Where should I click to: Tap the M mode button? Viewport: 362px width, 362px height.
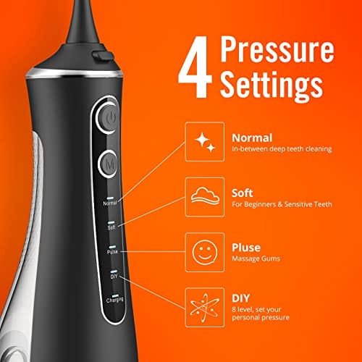tap(109, 164)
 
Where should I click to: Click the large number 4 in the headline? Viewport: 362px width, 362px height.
tap(195, 67)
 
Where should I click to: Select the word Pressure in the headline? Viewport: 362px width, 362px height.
tap(277, 49)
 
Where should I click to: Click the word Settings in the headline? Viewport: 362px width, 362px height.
tap(271, 85)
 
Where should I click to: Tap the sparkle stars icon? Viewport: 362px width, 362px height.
tap(205, 142)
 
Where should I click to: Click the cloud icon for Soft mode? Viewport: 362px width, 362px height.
tap(205, 196)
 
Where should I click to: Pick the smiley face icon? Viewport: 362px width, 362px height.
tap(205, 252)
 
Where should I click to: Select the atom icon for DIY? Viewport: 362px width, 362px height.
tap(205, 308)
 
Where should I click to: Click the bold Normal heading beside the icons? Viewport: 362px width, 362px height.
tap(252, 138)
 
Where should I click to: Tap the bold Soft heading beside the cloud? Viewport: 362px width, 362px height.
tap(242, 193)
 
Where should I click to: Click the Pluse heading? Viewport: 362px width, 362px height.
tap(246, 248)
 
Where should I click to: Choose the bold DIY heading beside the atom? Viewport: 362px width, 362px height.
tap(240, 298)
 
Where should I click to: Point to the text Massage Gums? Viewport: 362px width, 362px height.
tap(256, 258)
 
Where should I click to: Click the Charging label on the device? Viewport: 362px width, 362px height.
tap(115, 300)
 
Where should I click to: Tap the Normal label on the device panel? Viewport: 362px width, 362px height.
tap(110, 203)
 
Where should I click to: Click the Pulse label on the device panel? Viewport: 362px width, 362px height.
tap(112, 252)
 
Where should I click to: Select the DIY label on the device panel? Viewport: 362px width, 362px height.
tap(114, 276)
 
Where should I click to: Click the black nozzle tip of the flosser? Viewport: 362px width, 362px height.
tap(83, 23)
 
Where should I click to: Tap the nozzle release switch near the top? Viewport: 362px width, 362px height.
tap(102, 56)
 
